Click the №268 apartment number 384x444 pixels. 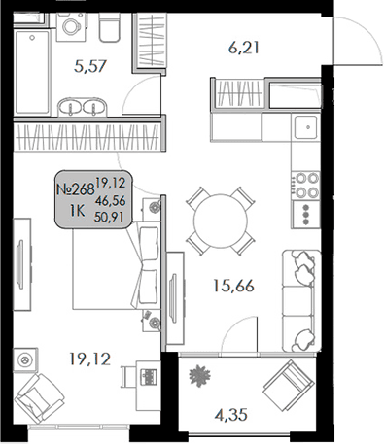[73, 190]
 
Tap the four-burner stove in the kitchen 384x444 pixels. [307, 185]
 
